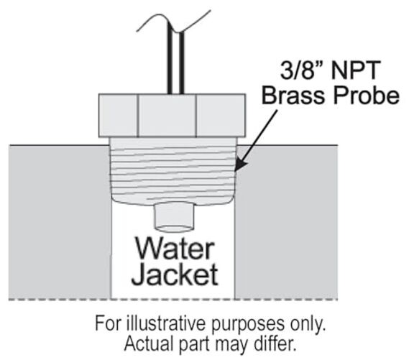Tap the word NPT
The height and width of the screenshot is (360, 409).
354,70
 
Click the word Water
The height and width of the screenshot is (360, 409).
175,249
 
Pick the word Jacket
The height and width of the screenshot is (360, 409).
175,274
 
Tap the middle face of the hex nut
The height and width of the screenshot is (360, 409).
167,115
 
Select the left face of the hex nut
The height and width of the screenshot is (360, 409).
119,115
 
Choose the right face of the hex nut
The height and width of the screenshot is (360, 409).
221,115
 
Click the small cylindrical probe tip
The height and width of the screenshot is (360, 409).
174,218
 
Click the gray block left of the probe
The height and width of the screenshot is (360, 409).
60,221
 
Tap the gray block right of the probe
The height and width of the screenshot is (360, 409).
286,221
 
